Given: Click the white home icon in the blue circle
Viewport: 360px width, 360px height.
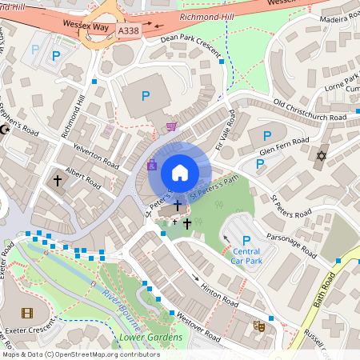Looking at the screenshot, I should (180, 172).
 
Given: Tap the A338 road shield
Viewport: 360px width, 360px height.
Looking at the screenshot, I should (128, 30).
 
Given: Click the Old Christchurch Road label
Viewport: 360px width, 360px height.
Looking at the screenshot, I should (310, 111).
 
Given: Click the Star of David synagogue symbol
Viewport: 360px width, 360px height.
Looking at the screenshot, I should (322, 154).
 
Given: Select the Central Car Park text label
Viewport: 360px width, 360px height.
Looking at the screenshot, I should (246, 255).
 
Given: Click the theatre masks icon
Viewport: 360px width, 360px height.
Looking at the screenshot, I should (259, 326).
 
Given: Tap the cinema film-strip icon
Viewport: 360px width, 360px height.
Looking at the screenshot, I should (28, 313).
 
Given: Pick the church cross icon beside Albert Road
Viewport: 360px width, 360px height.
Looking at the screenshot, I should (58, 181).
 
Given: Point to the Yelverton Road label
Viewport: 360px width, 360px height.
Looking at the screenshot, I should (95, 154).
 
